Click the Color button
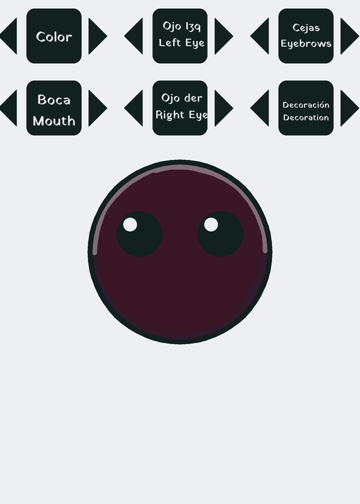click(54, 36)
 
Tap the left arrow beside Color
click(9, 36)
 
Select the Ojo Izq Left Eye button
click(180, 36)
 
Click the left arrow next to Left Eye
click(134, 36)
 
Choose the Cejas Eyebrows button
click(306, 36)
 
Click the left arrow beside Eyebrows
click(260, 36)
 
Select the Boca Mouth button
click(54, 108)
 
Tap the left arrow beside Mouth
click(9, 108)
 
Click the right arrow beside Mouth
click(98, 108)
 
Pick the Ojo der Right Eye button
click(180, 108)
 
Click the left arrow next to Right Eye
click(134, 108)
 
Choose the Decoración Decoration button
click(306, 108)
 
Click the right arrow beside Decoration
click(350, 108)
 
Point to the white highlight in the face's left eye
click(130, 224)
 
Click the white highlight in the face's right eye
click(211, 224)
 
